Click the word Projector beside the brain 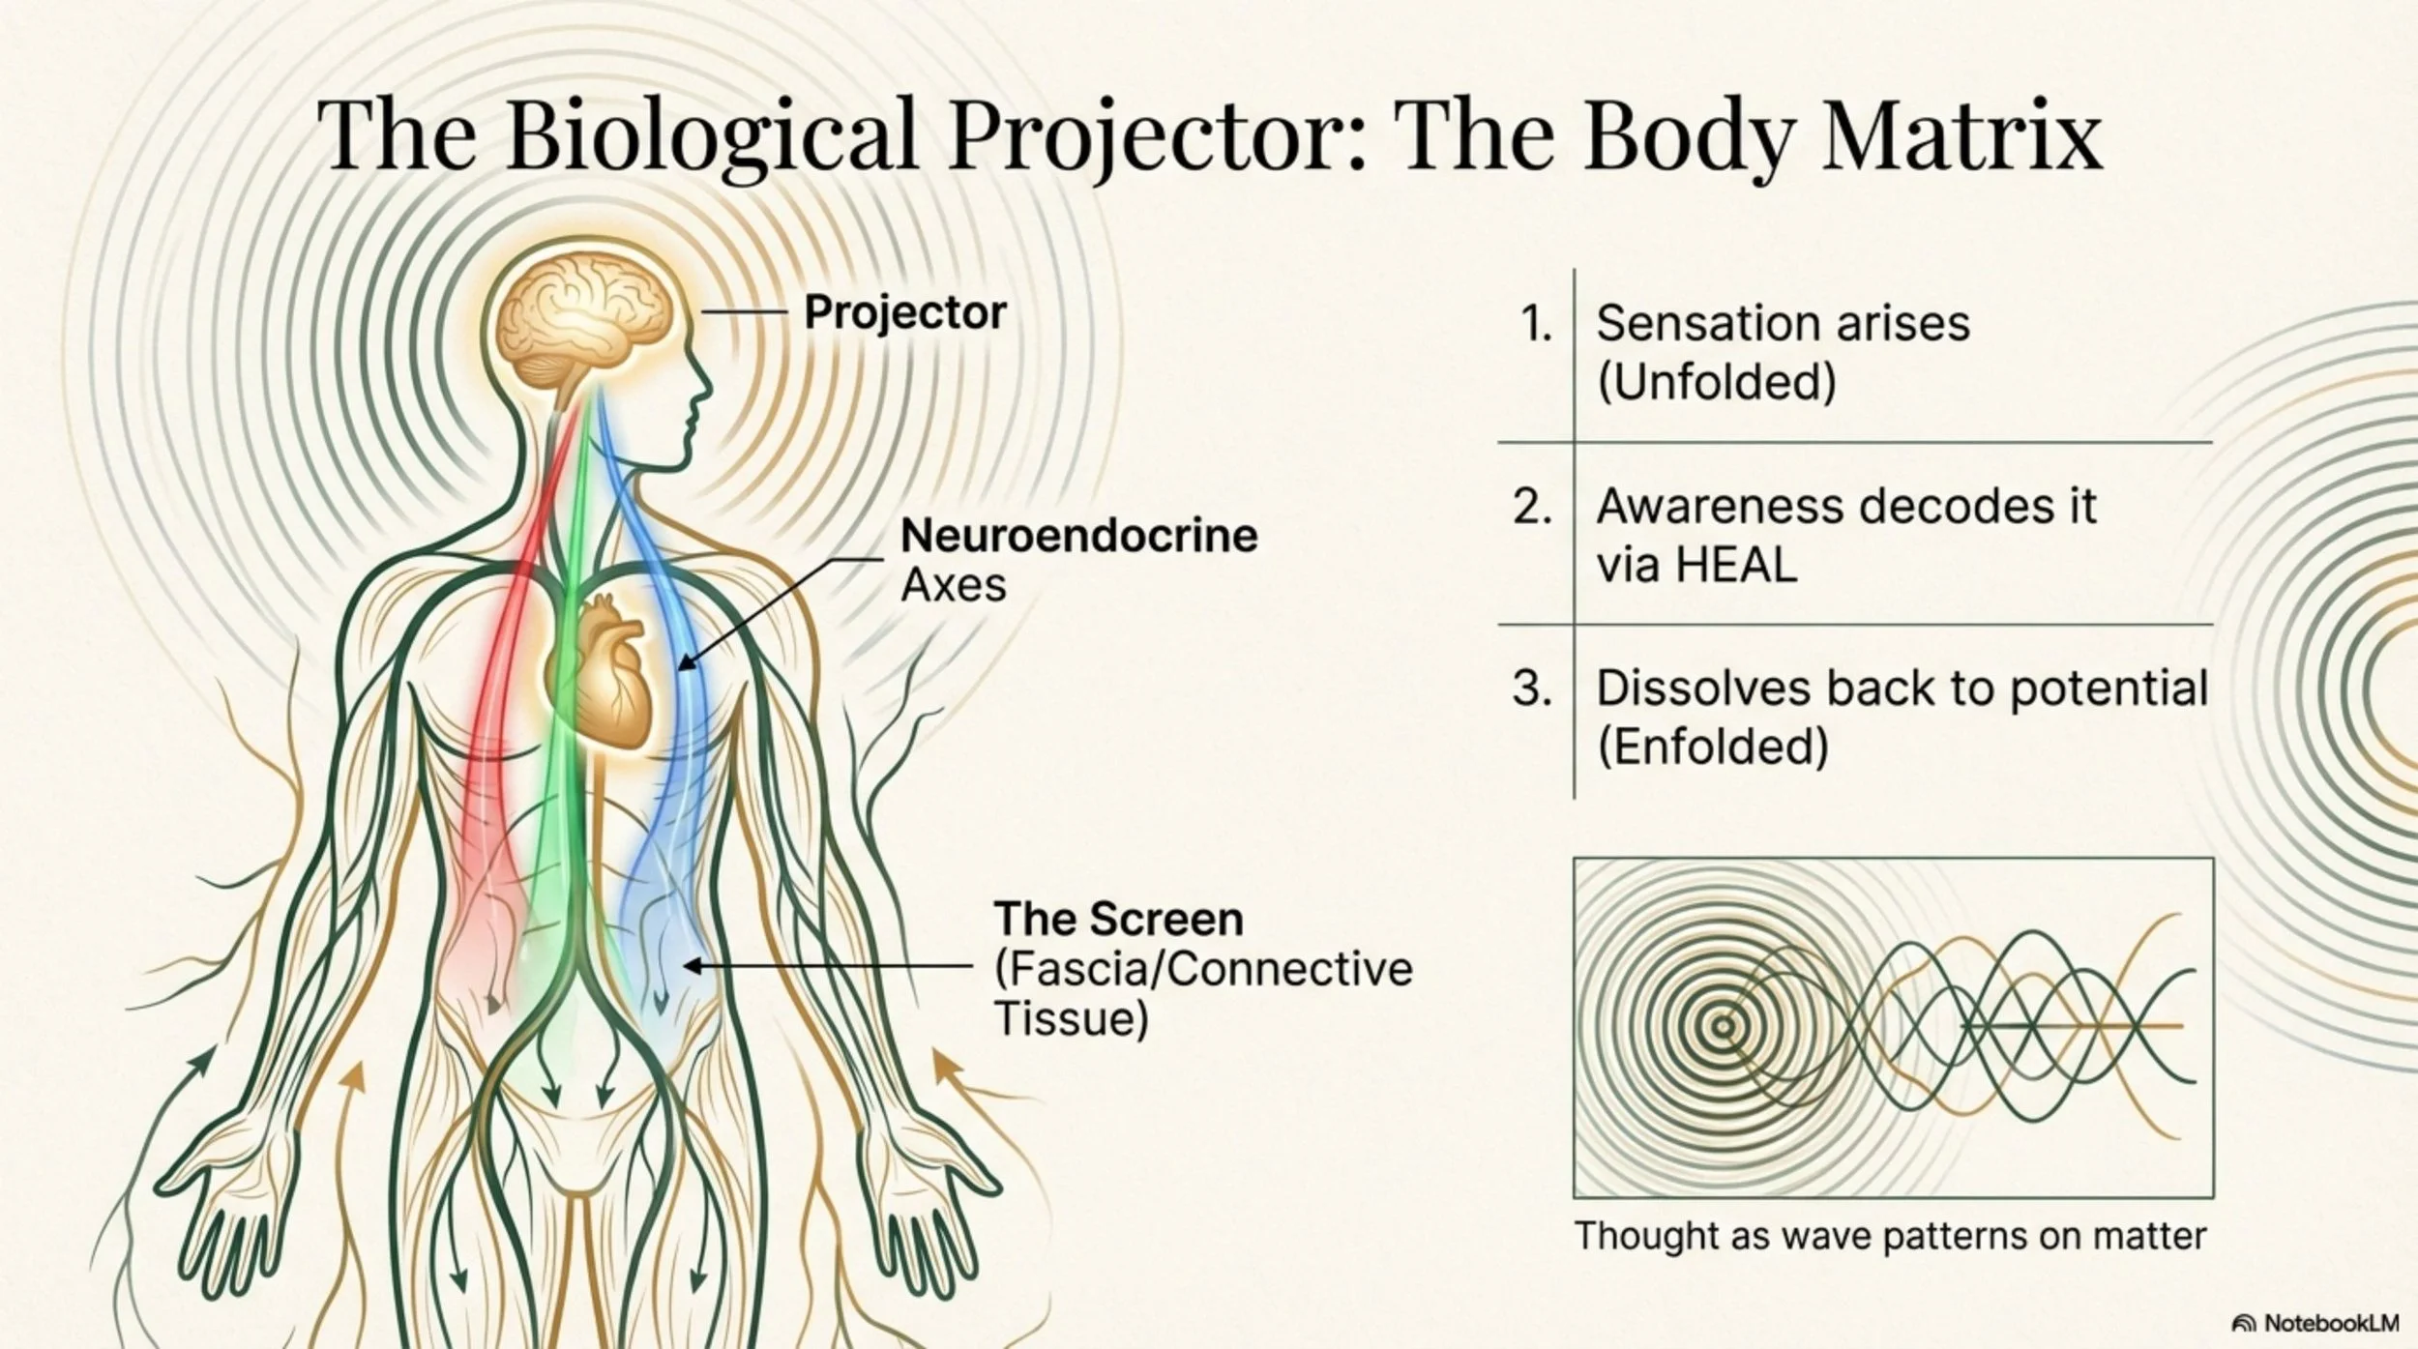click(x=904, y=312)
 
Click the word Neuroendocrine click(x=1078, y=535)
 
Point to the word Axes click(x=953, y=585)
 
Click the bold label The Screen click(x=1118, y=919)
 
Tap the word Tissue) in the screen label click(x=1071, y=1018)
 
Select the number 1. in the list click(x=1536, y=323)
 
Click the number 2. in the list click(x=1533, y=506)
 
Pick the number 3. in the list click(x=1533, y=689)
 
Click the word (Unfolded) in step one click(x=1716, y=382)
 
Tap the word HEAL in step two click(x=1735, y=565)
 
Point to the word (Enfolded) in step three click(x=1712, y=748)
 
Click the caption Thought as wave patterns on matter click(x=1890, y=1236)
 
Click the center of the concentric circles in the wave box click(x=1723, y=1027)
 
